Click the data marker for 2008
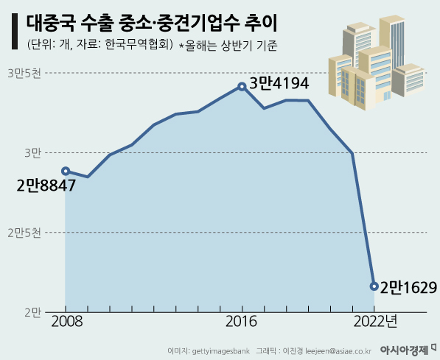point(66,171)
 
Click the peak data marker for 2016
point(242,86)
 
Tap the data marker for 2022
point(374,286)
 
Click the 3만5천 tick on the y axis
point(26,73)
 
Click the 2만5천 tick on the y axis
point(26,233)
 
